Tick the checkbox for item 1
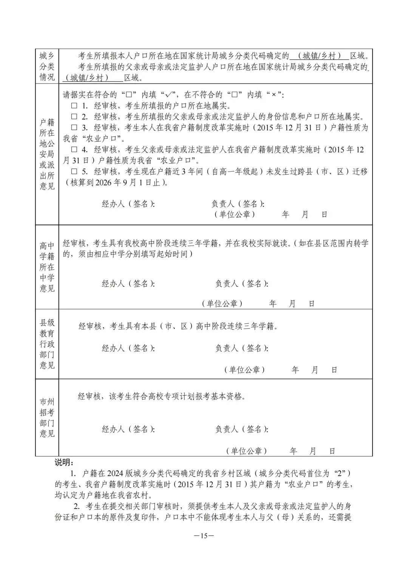[x=74, y=106]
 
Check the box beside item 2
[x=74, y=117]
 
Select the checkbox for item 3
[x=74, y=128]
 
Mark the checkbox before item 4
[x=74, y=150]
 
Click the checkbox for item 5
[x=74, y=172]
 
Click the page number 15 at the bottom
[x=204, y=535]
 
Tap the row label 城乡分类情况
[x=47, y=67]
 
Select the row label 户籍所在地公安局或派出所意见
[x=47, y=154]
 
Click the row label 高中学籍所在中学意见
[x=47, y=267]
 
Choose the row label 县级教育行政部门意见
[x=47, y=344]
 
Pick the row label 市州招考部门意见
[x=47, y=418]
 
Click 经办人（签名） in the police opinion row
[x=128, y=204]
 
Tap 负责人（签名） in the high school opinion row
[x=242, y=283]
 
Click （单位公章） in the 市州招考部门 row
[x=247, y=451]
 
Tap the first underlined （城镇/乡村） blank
[x=320, y=56]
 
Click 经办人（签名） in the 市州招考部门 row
[x=128, y=429]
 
